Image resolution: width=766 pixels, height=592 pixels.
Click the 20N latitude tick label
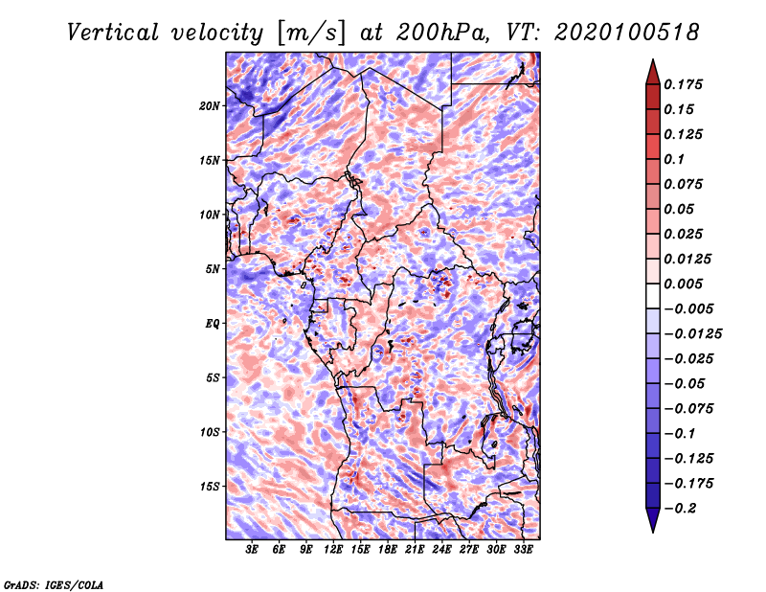[x=210, y=106]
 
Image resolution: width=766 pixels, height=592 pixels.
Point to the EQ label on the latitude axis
[x=213, y=324]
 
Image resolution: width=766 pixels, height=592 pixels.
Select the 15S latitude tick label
[x=210, y=487]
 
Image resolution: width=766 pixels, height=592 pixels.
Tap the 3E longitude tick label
[x=252, y=550]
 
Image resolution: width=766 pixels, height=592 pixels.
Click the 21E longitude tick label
[x=415, y=550]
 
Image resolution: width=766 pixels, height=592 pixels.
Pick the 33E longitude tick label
[x=523, y=550]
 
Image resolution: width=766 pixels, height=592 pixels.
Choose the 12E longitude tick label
[x=332, y=550]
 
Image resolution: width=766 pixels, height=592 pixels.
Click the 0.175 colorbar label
[x=683, y=84]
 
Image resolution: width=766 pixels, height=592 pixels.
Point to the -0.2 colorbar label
[x=681, y=509]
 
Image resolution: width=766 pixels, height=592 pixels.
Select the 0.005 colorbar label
[x=683, y=284]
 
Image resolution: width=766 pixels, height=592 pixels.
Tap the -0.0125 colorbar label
[x=692, y=334]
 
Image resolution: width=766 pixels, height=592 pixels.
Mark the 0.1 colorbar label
[x=674, y=159]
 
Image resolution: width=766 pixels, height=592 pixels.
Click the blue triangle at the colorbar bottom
[x=653, y=519]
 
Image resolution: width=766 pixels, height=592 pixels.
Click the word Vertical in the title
[x=113, y=33]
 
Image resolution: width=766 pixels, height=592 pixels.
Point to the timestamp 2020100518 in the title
[x=627, y=33]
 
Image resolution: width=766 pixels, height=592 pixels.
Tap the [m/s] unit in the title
[x=311, y=34]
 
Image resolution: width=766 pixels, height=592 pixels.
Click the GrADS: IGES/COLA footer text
[x=54, y=584]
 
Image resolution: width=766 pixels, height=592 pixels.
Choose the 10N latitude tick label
[x=210, y=215]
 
